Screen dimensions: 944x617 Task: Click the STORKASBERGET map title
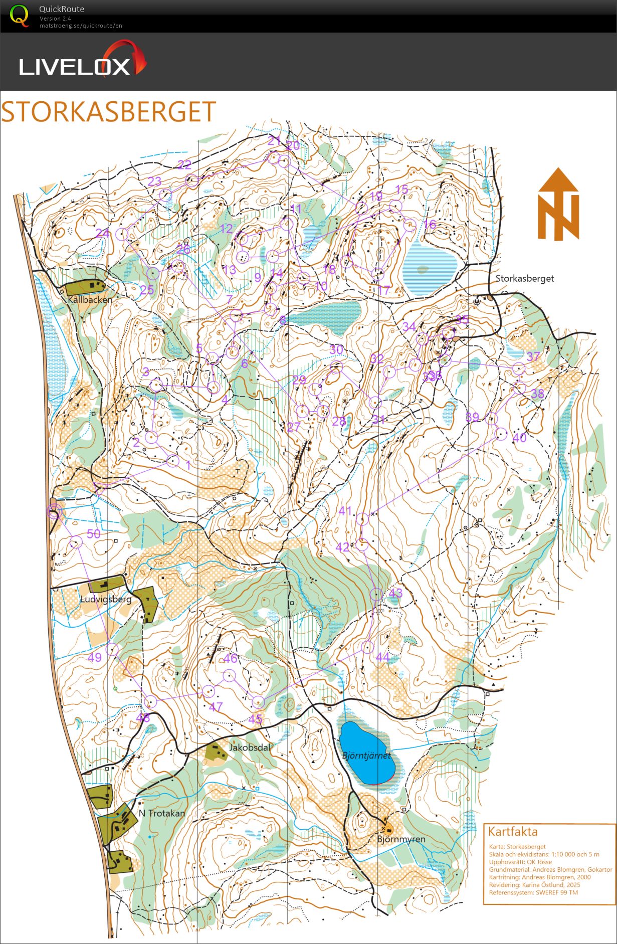[108, 112]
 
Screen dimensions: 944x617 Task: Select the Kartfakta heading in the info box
[512, 832]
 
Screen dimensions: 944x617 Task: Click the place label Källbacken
[90, 299]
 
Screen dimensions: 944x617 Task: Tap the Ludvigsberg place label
[106, 599]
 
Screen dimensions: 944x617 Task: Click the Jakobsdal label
[249, 747]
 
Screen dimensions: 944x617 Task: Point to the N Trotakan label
[162, 813]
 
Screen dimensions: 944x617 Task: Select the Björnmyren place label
[401, 839]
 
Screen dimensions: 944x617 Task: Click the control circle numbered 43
[376, 594]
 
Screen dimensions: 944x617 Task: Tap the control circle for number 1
[173, 461]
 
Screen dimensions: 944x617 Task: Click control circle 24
[122, 234]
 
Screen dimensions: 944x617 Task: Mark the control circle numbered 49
[112, 649]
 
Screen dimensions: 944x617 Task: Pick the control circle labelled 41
[362, 520]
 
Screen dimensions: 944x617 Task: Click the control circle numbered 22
[192, 180]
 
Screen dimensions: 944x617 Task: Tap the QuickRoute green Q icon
[19, 16]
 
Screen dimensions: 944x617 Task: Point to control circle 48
[151, 702]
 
